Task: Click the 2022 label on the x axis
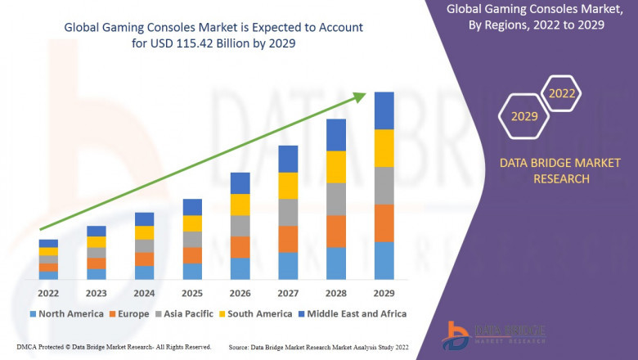pyautogui.click(x=48, y=292)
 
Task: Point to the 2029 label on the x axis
pyautogui.click(x=384, y=292)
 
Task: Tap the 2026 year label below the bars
pyautogui.click(x=240, y=292)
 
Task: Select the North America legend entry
pyautogui.click(x=66, y=313)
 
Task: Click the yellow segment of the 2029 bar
pyautogui.click(x=384, y=148)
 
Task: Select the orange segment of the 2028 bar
pyautogui.click(x=336, y=231)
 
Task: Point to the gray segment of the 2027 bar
pyautogui.click(x=288, y=212)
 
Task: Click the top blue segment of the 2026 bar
pyautogui.click(x=240, y=182)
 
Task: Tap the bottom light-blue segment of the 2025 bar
pyautogui.click(x=192, y=271)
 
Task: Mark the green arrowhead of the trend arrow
pyautogui.click(x=359, y=98)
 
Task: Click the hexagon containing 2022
pyautogui.click(x=562, y=94)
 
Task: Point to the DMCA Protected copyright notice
pyautogui.click(x=115, y=348)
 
